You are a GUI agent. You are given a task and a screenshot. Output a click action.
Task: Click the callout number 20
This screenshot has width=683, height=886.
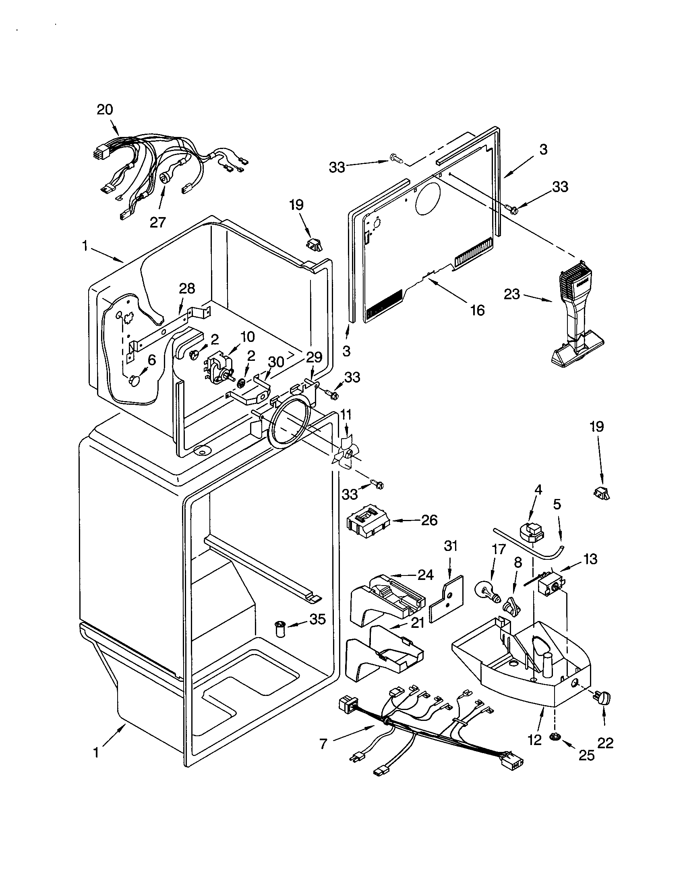(x=105, y=110)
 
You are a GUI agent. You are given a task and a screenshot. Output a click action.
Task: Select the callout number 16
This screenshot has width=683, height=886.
(x=477, y=310)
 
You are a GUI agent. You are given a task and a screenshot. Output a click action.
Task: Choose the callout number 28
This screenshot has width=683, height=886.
(x=186, y=288)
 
